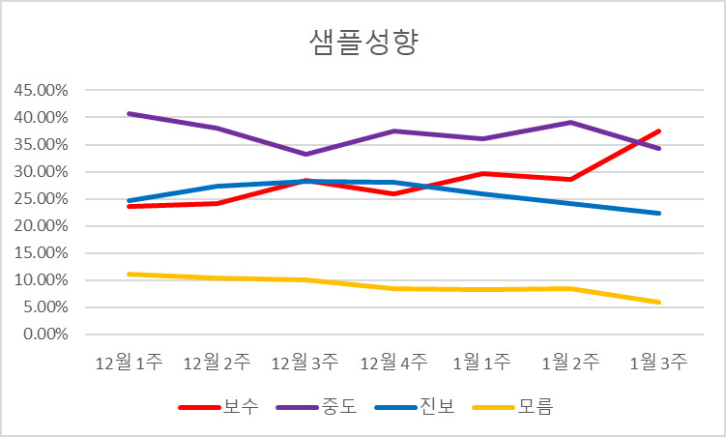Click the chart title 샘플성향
pos(363,44)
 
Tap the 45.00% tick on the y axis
pos(40,91)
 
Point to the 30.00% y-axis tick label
pos(40,172)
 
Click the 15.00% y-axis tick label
pos(40,253)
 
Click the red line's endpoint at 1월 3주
pos(659,131)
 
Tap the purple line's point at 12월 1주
pos(129,114)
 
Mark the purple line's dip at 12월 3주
pos(305,154)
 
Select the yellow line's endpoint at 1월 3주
pos(659,302)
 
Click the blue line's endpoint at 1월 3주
pos(659,213)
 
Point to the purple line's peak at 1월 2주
pos(570,123)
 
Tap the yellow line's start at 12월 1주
pos(129,274)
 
